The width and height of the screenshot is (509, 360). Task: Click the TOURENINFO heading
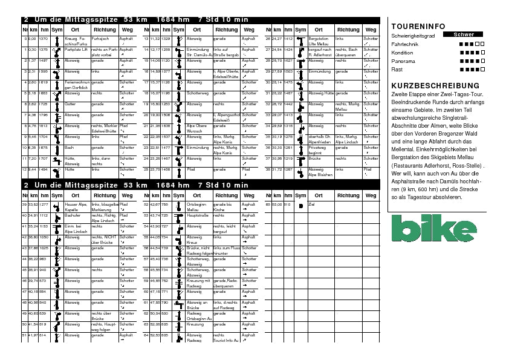click(418, 27)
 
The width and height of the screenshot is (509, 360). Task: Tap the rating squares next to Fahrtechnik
click(472, 44)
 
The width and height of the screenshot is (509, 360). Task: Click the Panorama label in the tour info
click(403, 61)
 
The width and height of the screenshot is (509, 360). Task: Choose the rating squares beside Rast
click(472, 70)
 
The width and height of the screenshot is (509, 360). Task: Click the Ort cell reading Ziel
click(312, 205)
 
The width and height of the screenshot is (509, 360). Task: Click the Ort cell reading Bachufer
click(72, 216)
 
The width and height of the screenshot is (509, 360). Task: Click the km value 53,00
click(278, 205)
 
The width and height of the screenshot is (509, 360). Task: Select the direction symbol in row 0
click(56, 41)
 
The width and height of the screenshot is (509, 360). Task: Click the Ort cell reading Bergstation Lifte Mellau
click(319, 41)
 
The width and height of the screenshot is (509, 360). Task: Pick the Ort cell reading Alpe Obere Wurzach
click(197, 128)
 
